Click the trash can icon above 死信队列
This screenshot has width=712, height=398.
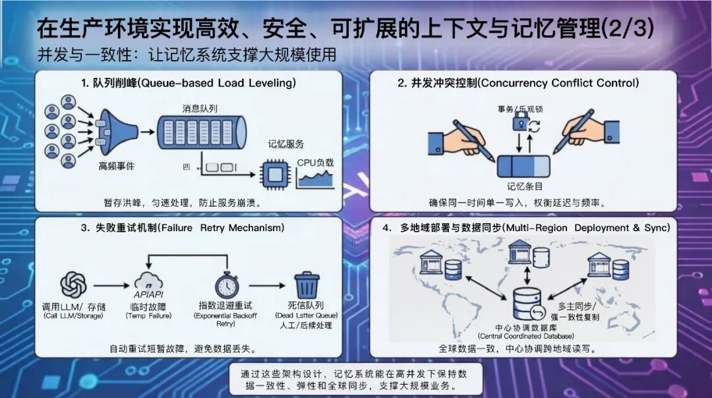pyautogui.click(x=307, y=285)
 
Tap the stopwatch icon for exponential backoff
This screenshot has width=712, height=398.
pyautogui.click(x=226, y=284)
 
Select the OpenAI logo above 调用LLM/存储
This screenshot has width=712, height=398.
pyautogui.click(x=73, y=285)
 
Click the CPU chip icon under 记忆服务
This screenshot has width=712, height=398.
pyautogui.click(x=274, y=174)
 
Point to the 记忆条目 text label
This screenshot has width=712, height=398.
pyautogui.click(x=524, y=186)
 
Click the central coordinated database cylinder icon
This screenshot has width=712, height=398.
pyautogui.click(x=527, y=302)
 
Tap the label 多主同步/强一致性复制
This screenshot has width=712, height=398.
pyautogui.click(x=577, y=312)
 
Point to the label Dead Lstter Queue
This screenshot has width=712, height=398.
pyautogui.click(x=307, y=315)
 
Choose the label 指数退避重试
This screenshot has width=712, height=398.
pyautogui.click(x=226, y=306)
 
